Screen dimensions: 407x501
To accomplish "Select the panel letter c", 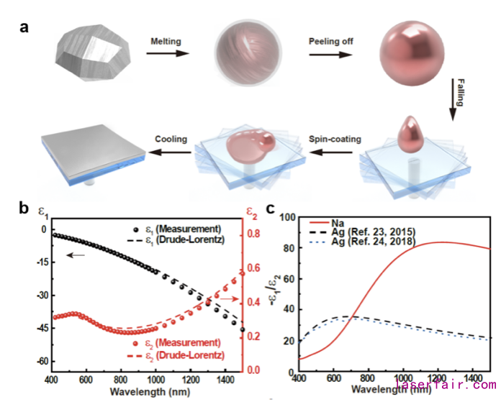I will [270, 209].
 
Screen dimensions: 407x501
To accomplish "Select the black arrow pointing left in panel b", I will [75, 255].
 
